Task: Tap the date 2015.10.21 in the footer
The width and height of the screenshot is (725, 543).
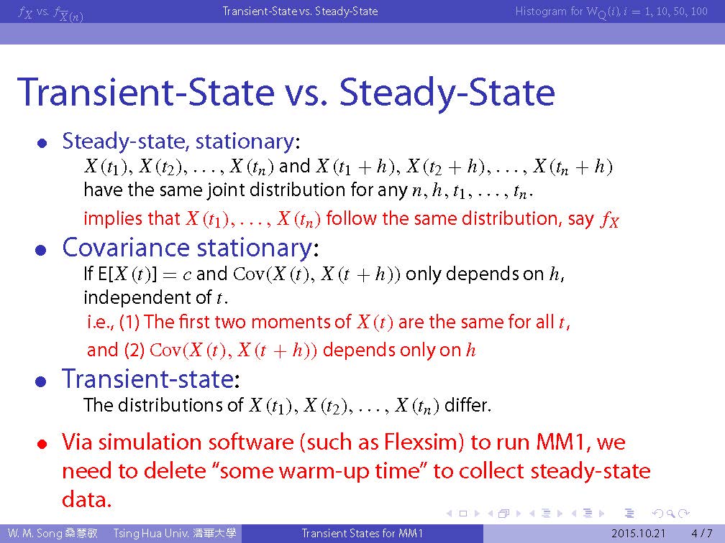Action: point(637,533)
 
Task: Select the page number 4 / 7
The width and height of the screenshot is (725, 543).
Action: point(701,533)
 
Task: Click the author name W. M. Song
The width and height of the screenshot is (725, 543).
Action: point(35,533)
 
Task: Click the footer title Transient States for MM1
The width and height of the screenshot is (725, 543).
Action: point(362,533)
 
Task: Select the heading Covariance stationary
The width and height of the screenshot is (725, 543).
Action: point(187,248)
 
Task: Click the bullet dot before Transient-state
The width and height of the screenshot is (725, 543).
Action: point(41,381)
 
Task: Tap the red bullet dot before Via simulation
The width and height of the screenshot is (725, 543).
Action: point(42,444)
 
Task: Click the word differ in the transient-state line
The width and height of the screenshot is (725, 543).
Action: point(465,405)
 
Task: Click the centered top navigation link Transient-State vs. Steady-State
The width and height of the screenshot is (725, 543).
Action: point(300,11)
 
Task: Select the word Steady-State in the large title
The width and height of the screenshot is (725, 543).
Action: point(447,93)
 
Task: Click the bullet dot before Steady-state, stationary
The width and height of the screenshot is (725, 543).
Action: point(42,144)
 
